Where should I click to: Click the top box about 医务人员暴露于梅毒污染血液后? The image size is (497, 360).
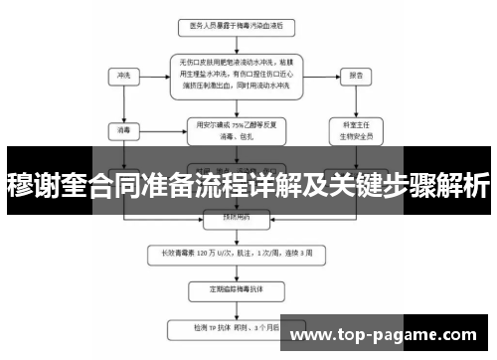tap(238, 24)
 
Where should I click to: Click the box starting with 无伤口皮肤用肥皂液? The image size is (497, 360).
tap(237, 74)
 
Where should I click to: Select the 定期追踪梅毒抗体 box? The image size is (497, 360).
tap(237, 289)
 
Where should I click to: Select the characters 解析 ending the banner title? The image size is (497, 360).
tap(461, 184)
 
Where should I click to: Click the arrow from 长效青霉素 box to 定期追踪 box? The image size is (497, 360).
tap(237, 270)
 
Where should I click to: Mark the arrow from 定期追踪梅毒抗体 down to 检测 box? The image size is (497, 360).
tap(237, 308)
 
